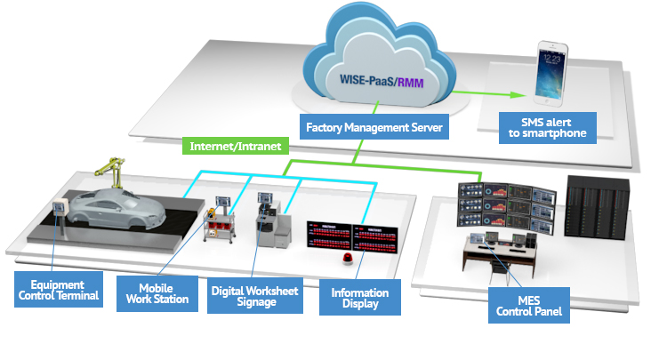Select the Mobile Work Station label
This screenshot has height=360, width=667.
pos(164,293)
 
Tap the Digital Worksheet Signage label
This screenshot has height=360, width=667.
pos(253,295)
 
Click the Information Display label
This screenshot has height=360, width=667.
pos(359,297)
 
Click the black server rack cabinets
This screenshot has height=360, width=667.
pos(598,207)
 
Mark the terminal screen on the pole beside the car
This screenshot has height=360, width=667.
pos(60,208)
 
